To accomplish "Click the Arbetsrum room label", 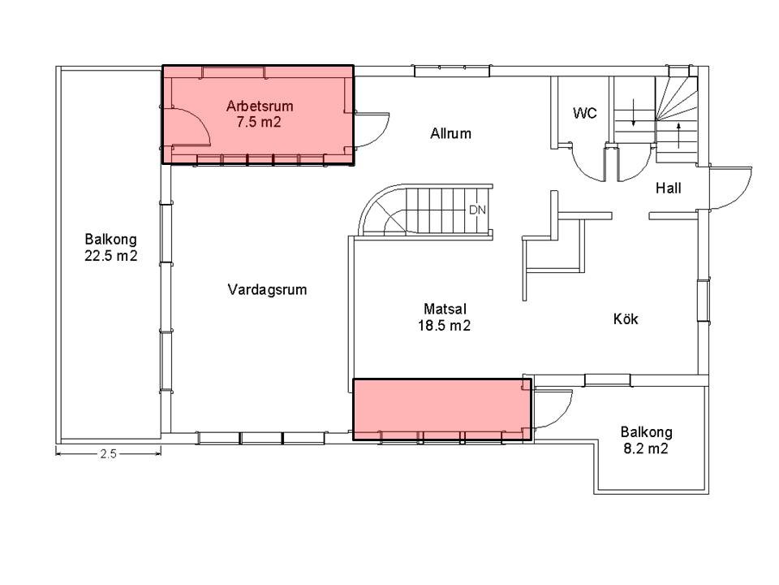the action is [260, 106].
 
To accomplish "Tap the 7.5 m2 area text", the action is [259, 123].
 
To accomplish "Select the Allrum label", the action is [450, 133].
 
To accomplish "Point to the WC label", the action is [585, 113].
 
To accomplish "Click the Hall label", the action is [668, 188].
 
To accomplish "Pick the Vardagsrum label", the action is [267, 289].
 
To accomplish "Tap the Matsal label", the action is [445, 309].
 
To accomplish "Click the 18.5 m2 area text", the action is [444, 326].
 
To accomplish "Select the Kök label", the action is [626, 318].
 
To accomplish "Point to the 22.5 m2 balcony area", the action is [111, 256].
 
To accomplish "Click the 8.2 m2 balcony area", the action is [646, 448].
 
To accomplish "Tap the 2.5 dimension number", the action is [108, 453].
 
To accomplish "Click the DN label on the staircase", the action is [477, 210].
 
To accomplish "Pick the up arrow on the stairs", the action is [678, 136].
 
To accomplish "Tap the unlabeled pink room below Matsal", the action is [441, 409].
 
